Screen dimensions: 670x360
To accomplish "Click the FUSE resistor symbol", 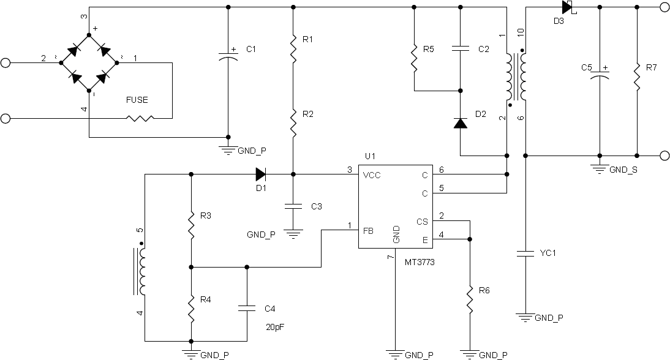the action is [140, 118].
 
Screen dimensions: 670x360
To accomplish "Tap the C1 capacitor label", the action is [251, 49].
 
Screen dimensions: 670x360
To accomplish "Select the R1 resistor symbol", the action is [293, 49].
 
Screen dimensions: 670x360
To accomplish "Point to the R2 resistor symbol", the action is [293, 124].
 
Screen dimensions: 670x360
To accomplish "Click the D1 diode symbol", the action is [261, 174].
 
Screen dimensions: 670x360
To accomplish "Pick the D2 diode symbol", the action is [460, 123].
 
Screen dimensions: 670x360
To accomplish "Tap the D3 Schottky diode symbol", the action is [569, 7].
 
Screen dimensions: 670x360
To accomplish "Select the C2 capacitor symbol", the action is [460, 49].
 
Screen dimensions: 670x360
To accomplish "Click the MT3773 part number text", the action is [420, 262].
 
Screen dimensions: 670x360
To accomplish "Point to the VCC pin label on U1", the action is [371, 175].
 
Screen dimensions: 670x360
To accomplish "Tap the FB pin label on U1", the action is [368, 231].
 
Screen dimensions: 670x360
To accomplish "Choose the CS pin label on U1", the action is [422, 222].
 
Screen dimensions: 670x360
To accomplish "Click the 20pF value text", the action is [275, 328].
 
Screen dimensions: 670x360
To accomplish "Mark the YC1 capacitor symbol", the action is [525, 253].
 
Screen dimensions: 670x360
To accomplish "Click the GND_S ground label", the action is [623, 170].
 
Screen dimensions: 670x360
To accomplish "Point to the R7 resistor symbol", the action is [637, 77].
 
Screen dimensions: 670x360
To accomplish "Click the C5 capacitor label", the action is [586, 67].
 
